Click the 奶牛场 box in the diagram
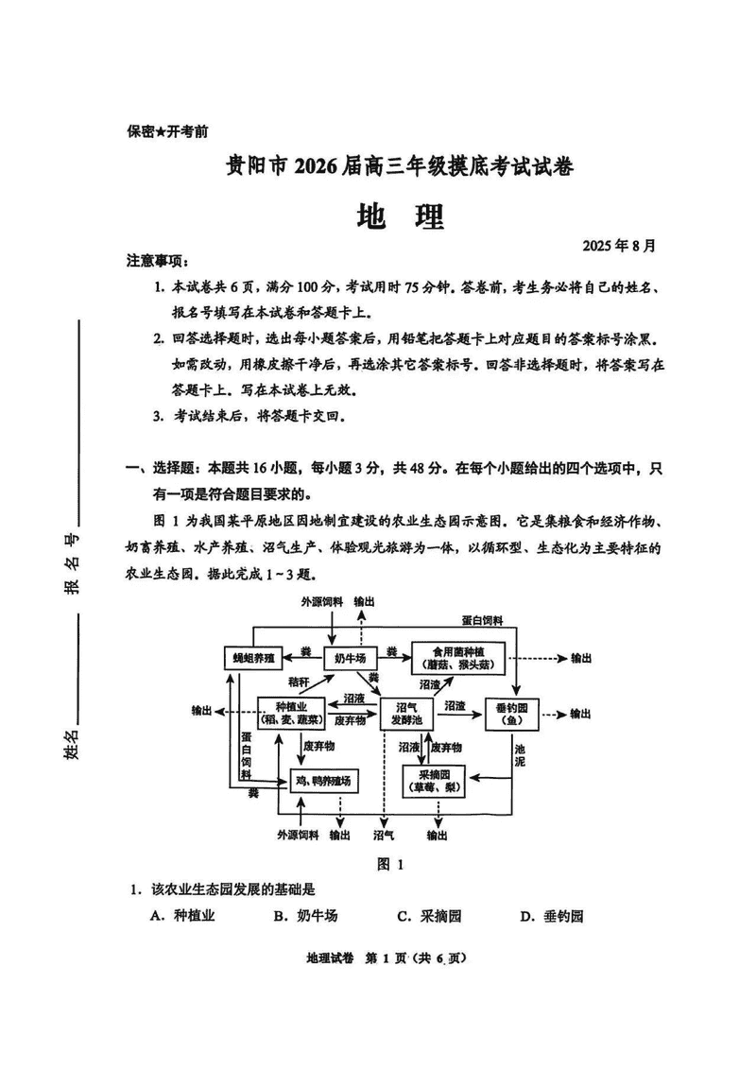pos(351,657)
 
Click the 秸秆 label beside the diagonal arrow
pos(300,682)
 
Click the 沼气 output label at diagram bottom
pos(384,836)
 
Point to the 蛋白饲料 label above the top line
pos(483,620)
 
